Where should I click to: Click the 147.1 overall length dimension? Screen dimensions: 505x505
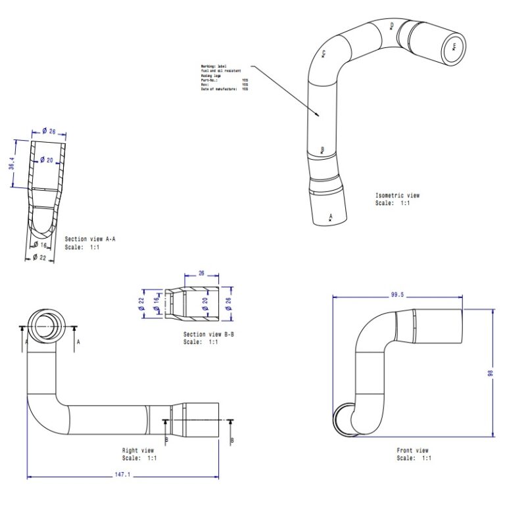click(123, 473)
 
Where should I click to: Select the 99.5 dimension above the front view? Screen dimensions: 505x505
click(397, 295)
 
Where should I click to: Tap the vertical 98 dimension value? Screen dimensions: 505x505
click(490, 373)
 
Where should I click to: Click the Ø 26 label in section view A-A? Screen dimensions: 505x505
click(48, 132)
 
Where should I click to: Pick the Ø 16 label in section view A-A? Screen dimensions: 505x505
click(41, 245)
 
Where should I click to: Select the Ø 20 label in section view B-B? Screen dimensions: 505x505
click(204, 304)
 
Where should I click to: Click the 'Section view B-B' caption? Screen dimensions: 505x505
click(208, 335)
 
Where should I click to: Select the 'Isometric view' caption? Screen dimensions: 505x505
click(397, 195)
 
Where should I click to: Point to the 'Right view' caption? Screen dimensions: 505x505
click(139, 450)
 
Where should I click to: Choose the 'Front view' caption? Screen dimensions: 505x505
click(412, 450)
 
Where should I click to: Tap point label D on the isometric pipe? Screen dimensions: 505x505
click(392, 26)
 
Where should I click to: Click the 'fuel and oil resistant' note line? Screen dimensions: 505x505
click(221, 71)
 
